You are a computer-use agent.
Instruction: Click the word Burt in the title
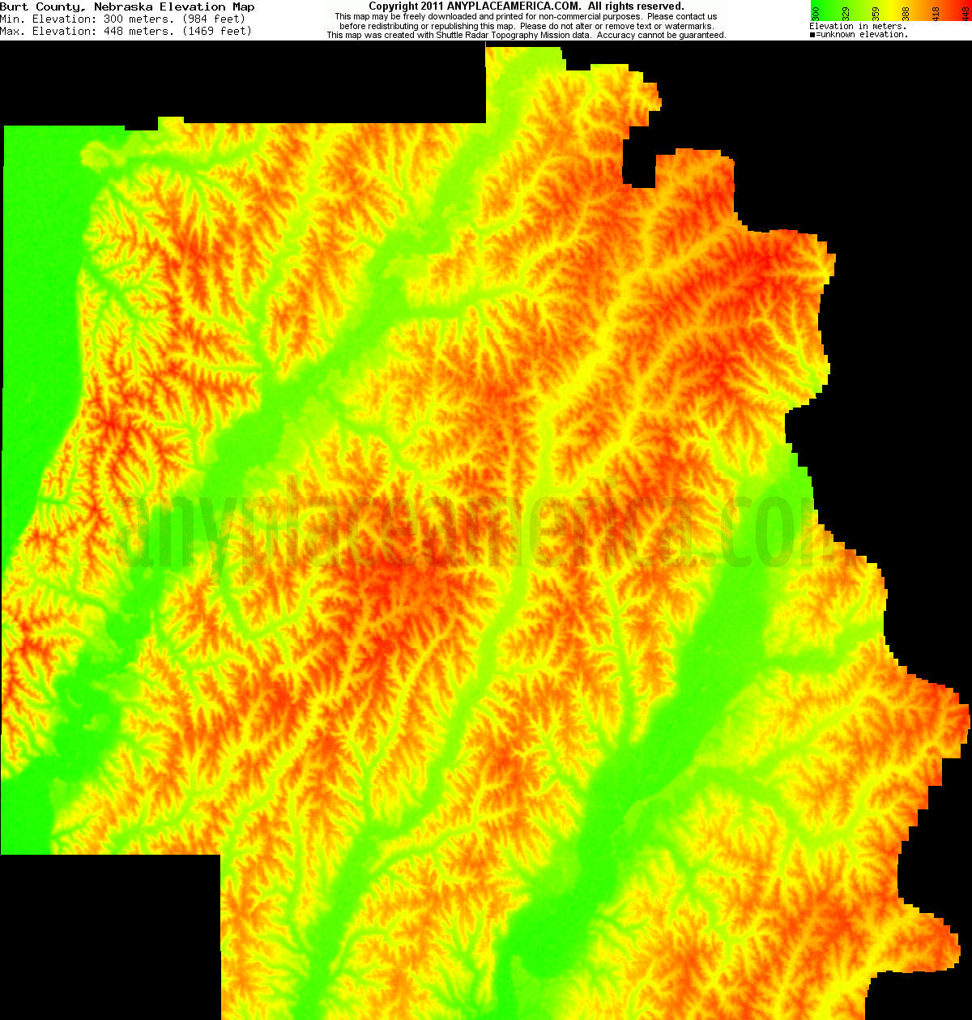14,7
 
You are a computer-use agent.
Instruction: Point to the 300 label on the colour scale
816,12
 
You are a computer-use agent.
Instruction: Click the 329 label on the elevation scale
846,12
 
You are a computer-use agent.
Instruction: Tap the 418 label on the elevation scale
936,12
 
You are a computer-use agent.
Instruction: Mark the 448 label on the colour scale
964,12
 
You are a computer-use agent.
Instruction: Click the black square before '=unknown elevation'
812,35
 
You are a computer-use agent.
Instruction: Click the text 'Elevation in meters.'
858,27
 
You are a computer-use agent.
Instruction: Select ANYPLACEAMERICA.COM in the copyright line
514,6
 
